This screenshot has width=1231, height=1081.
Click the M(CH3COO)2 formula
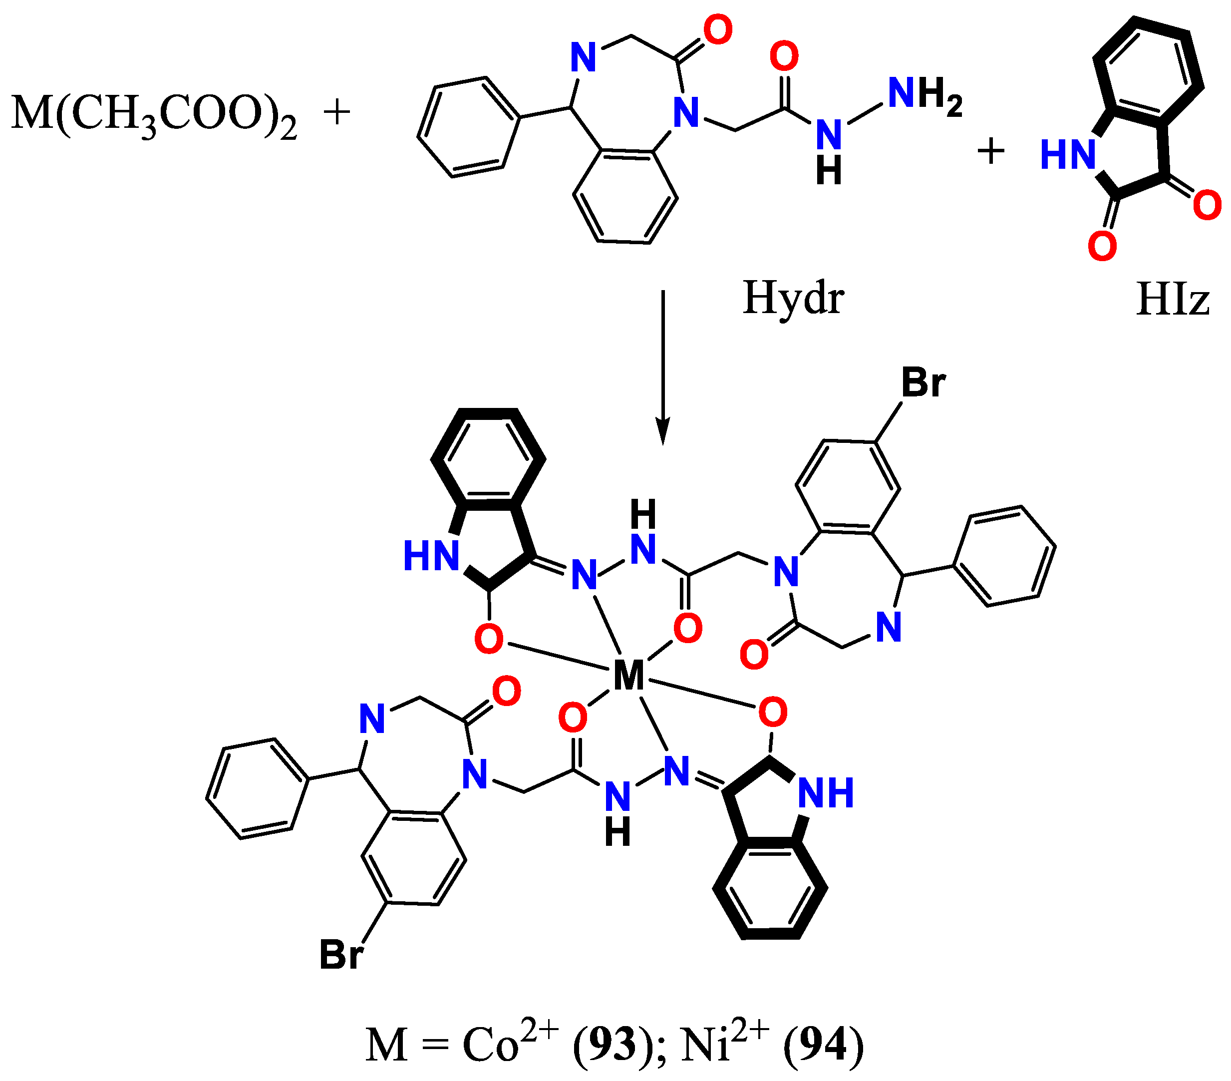(x=154, y=114)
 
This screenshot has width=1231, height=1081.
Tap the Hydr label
(x=793, y=299)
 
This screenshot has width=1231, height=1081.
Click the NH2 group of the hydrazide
(x=925, y=96)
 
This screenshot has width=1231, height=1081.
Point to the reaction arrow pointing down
(x=662, y=367)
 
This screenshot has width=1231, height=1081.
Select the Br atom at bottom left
(x=341, y=955)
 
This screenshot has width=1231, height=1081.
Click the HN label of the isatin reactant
(x=1068, y=155)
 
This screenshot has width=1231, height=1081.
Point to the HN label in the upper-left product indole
(x=431, y=555)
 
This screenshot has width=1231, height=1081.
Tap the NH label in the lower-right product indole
(x=826, y=792)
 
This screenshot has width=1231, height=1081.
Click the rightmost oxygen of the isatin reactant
(x=1207, y=205)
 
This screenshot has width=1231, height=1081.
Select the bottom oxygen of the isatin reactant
(x=1102, y=246)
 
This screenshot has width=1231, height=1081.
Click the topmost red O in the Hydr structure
(x=718, y=30)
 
